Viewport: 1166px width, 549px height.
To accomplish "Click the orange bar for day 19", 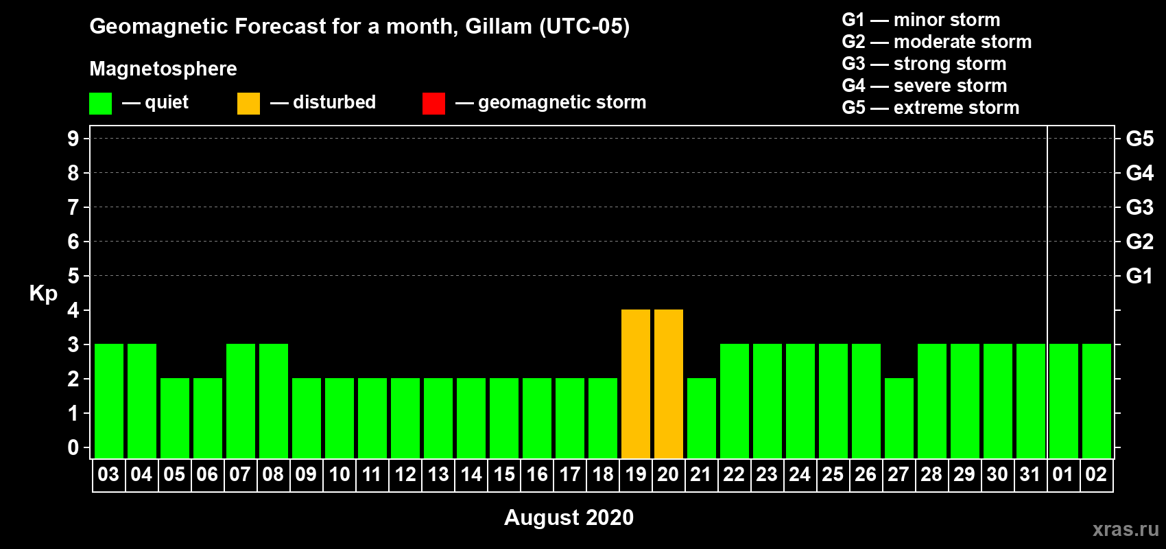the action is (636, 384).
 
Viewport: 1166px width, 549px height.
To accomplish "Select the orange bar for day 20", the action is (668, 384).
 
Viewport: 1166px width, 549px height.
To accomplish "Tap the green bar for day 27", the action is (899, 418).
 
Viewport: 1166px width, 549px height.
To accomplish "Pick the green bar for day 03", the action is (109, 401).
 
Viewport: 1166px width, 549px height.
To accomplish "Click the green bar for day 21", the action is (701, 418).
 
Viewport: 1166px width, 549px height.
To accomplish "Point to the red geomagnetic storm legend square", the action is (433, 103).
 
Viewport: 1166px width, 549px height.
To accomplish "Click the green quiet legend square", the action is (100, 103).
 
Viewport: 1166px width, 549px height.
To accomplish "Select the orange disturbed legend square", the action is (248, 103).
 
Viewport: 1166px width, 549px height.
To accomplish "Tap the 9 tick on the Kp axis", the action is (73, 139).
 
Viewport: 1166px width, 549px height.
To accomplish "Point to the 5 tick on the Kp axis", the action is (73, 276).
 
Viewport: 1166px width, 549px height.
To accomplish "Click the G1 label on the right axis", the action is (1139, 276).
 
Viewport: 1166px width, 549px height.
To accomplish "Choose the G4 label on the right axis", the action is (1139, 173).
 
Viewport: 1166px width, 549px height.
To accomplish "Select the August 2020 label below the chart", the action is (569, 517).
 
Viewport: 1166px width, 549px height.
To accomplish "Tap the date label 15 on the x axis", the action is (504, 474).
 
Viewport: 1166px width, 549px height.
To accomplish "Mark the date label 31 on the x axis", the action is (1030, 474).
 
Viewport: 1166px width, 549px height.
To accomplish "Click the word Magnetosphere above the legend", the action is (163, 69).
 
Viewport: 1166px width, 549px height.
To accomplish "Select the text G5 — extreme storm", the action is (931, 108).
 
